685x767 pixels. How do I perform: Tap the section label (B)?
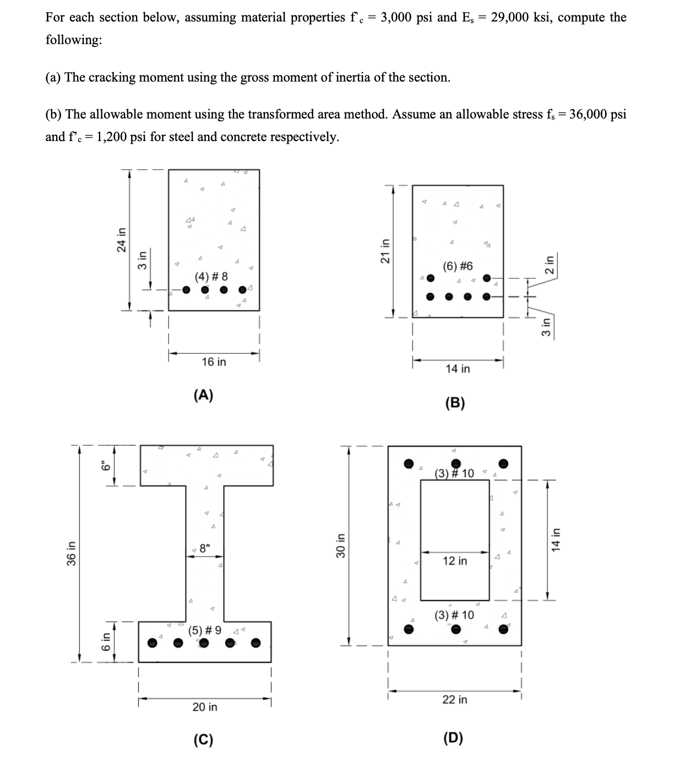pyautogui.click(x=454, y=403)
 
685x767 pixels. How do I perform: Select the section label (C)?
pyautogui.click(x=203, y=739)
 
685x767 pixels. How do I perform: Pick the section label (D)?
pyautogui.click(x=453, y=738)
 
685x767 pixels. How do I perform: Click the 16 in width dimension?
pyautogui.click(x=214, y=362)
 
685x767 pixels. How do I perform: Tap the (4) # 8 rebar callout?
pyautogui.click(x=211, y=276)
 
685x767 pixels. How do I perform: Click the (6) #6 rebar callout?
pyautogui.click(x=458, y=267)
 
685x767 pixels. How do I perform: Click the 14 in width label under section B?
pyautogui.click(x=458, y=369)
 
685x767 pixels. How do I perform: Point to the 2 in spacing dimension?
pyautogui.click(x=549, y=263)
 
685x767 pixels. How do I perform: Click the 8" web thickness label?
pyautogui.click(x=205, y=549)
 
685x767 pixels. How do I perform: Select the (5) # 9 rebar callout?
pyautogui.click(x=205, y=630)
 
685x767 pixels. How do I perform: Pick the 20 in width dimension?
pyautogui.click(x=205, y=706)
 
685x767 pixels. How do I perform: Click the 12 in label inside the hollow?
pyautogui.click(x=455, y=561)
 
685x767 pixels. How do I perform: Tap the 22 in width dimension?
pyautogui.click(x=455, y=699)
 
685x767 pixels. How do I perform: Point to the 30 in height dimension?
pyautogui.click(x=340, y=545)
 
